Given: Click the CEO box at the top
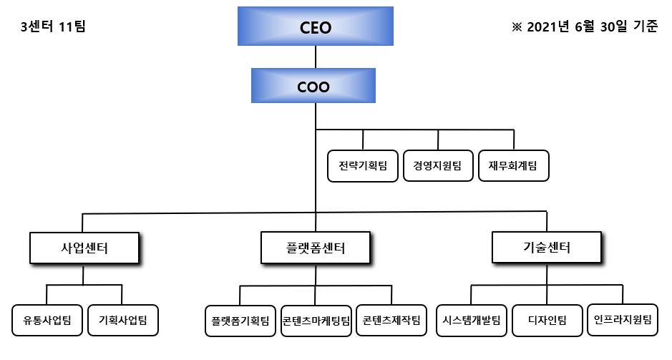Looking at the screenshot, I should pos(315,28).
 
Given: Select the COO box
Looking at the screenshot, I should pos(313,86).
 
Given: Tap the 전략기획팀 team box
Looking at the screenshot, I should pos(363,166).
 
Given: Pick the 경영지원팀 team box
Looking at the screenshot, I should pos(438,166).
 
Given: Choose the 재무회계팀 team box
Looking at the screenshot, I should pos(513,166).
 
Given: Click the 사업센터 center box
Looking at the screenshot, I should pos(84,248).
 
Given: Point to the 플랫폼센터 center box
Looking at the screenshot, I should pos(315,248).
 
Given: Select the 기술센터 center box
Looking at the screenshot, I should pos(547,248).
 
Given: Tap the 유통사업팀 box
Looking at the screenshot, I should pos(47,320).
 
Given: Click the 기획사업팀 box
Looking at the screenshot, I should pos(122,320).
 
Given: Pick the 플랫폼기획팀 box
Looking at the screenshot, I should pos(240,321).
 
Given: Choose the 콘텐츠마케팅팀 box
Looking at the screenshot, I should pos(316,321).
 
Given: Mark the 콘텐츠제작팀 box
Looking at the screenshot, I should pos(391,320).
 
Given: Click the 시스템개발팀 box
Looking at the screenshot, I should pos(472,320).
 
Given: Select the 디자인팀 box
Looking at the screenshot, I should pos(547,320).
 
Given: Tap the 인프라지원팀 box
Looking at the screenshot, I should pos(623,319).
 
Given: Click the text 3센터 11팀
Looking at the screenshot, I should pos(54,27).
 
